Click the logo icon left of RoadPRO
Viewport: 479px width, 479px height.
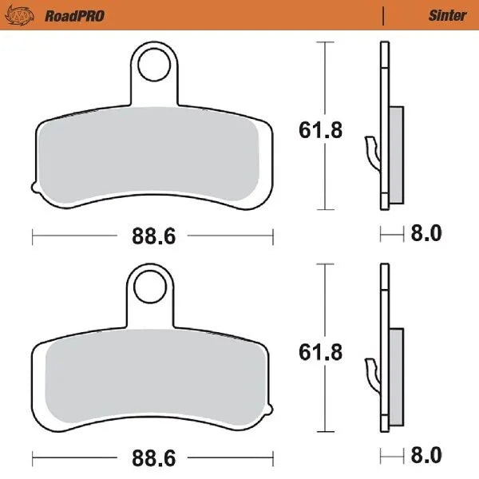[27, 15]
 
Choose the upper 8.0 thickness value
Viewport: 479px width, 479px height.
[425, 234]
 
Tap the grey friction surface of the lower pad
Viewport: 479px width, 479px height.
[152, 375]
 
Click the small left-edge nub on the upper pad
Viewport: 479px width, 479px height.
[34, 189]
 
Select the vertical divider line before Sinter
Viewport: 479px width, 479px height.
[384, 15]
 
